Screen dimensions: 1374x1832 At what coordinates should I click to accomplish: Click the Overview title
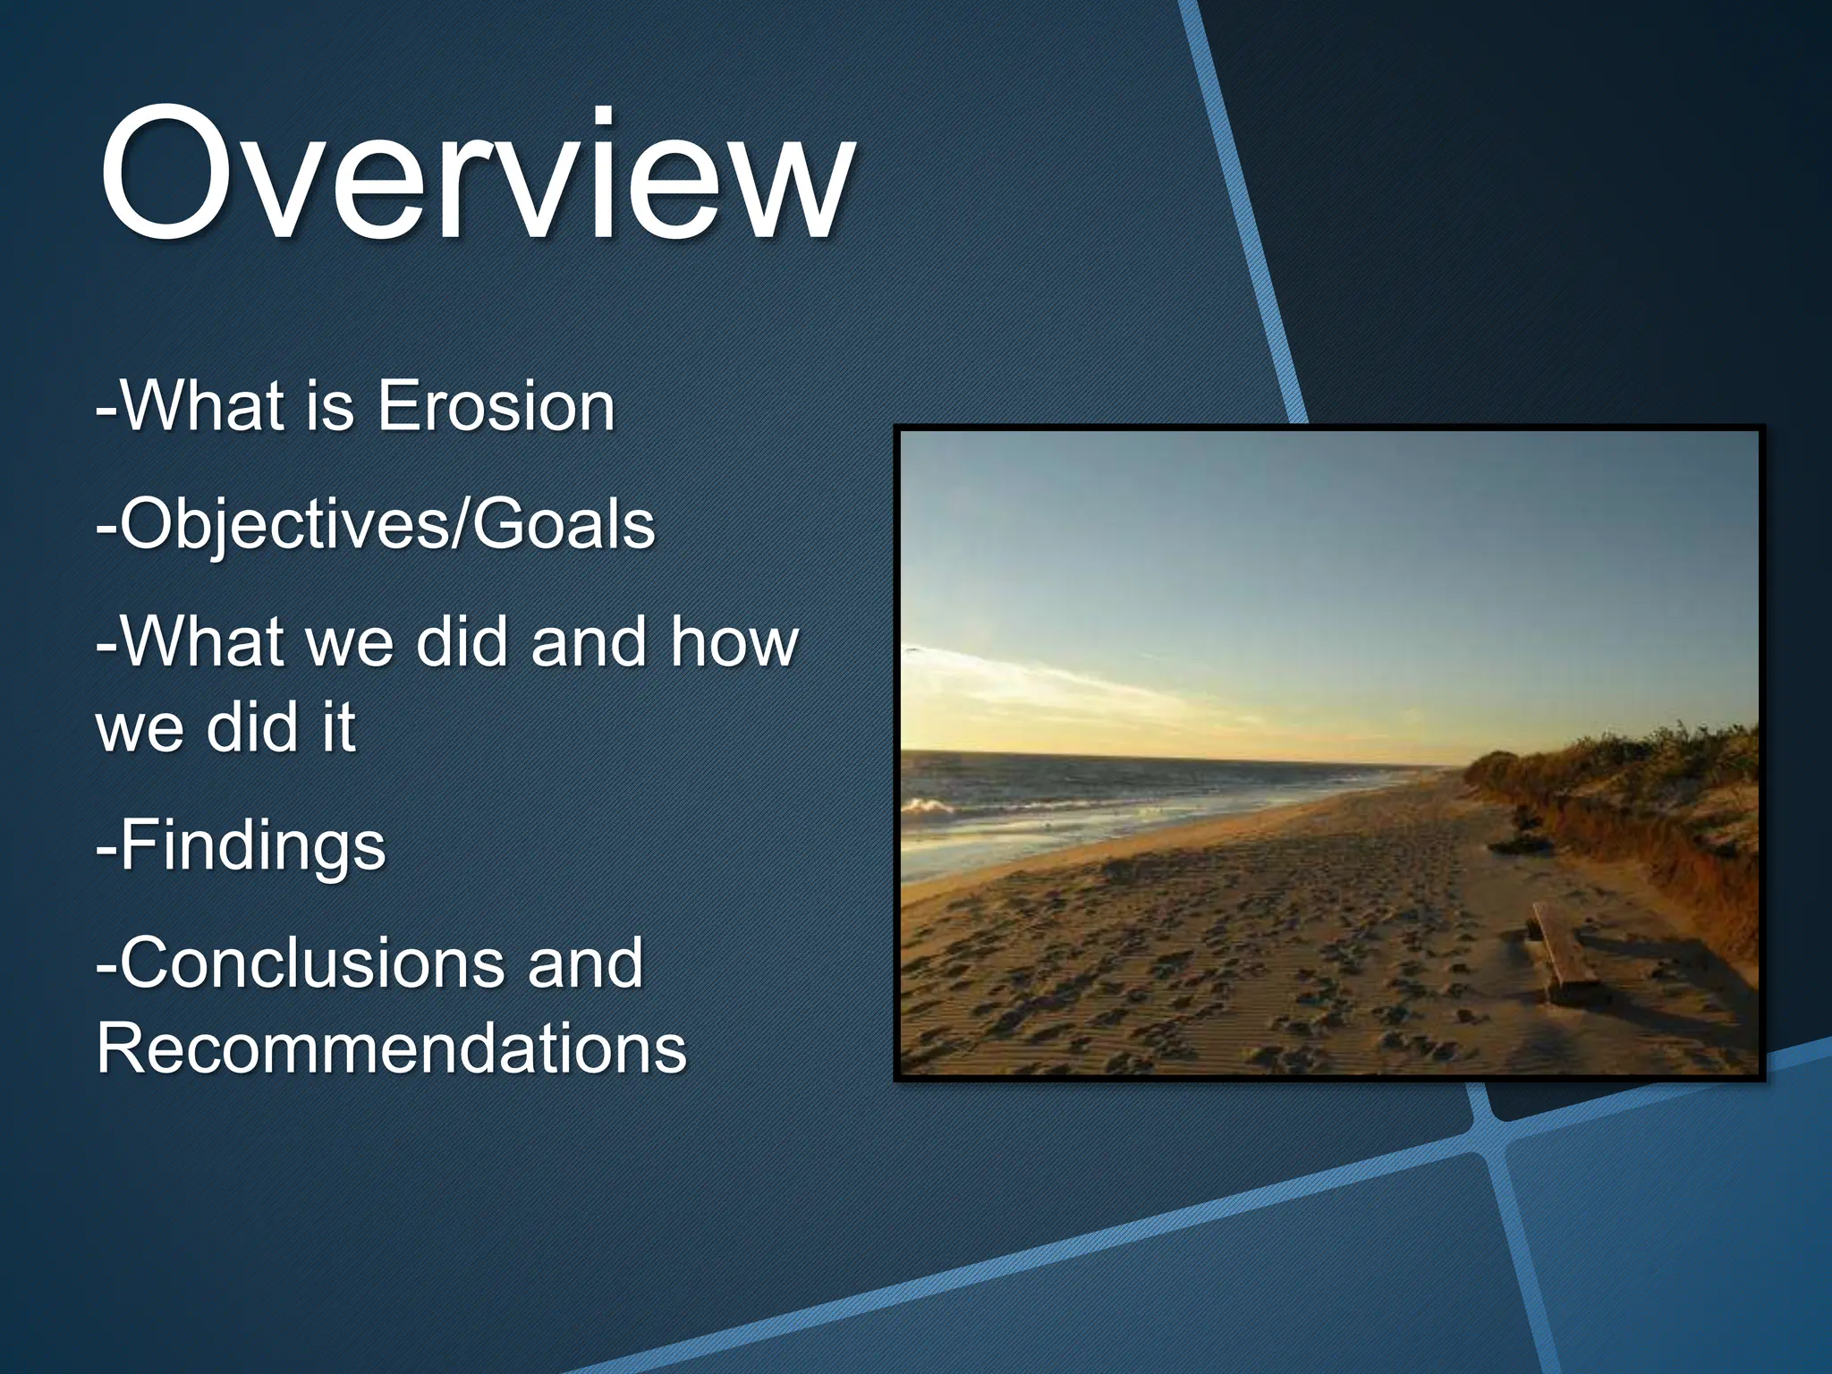474,174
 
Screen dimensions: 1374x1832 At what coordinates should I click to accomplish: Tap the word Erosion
496,407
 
